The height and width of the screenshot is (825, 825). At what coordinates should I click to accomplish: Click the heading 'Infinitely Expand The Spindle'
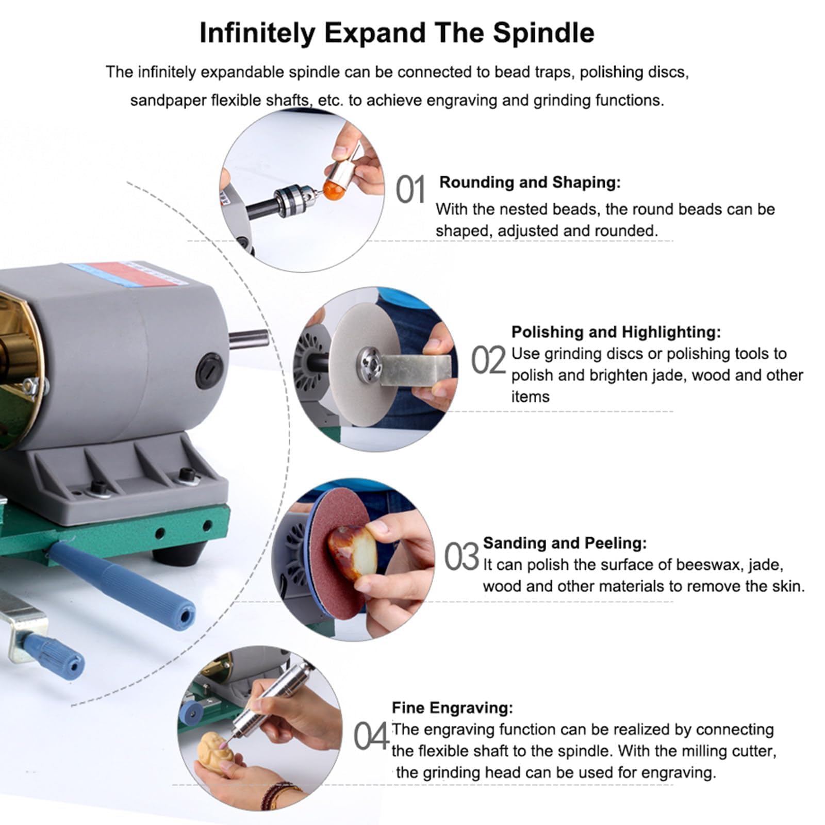397,33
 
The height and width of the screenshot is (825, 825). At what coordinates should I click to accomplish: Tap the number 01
410,189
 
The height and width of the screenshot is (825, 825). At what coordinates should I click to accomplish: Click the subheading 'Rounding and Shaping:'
530,183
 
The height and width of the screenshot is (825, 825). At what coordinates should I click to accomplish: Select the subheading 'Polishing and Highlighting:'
616,332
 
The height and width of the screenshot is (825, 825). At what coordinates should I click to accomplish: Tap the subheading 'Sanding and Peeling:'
565,543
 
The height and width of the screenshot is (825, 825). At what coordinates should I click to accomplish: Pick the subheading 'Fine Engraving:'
453,708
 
